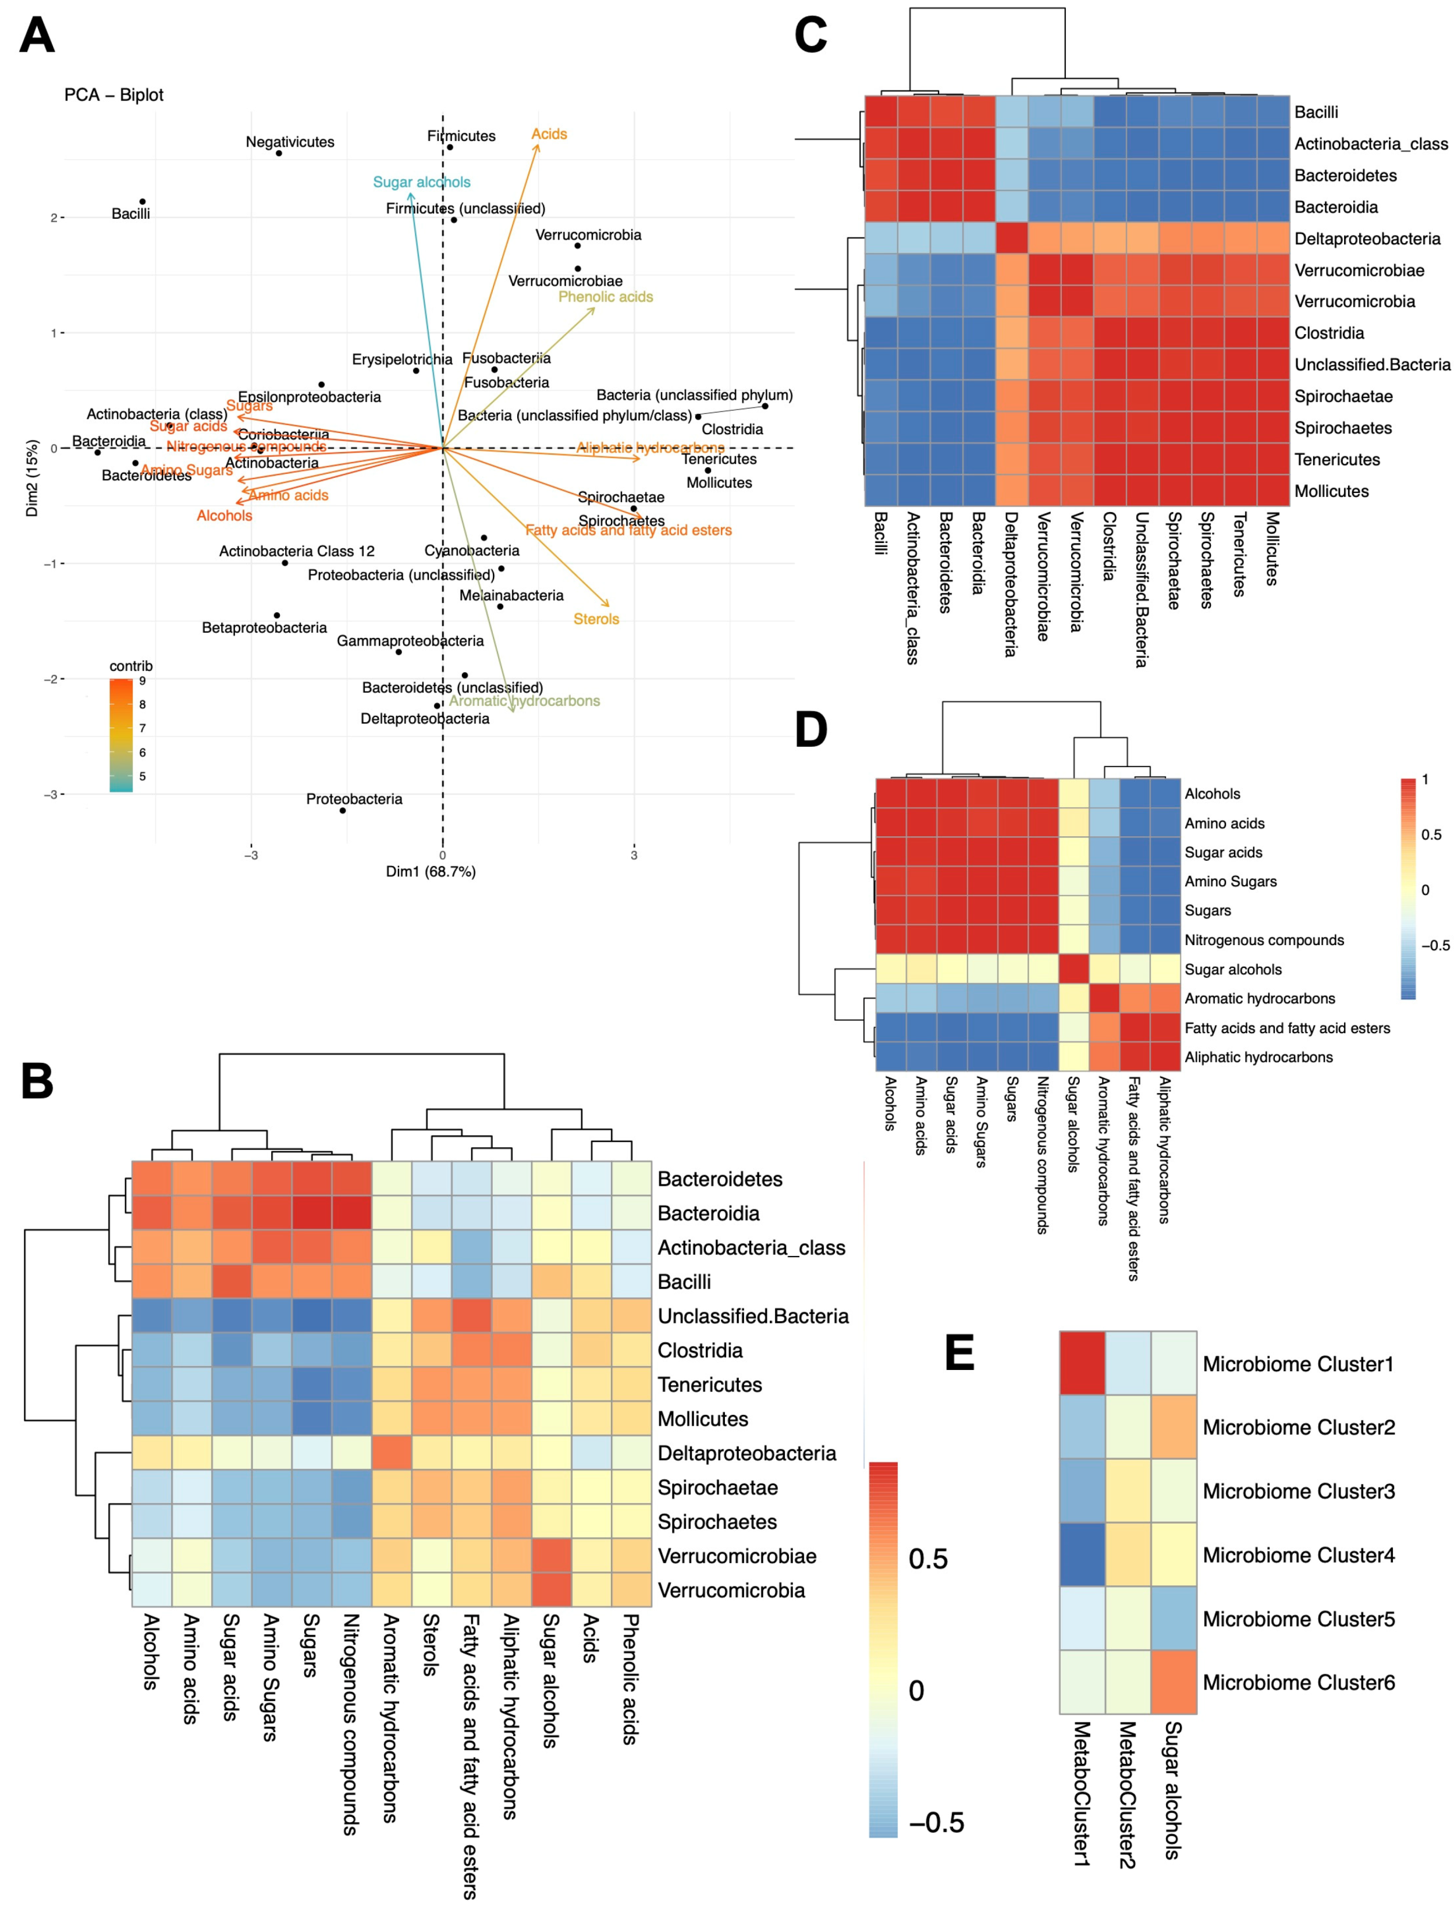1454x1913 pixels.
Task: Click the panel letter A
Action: tap(37, 36)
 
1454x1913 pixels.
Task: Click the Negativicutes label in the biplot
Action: tap(290, 142)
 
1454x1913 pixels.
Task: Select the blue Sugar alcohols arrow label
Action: tap(421, 182)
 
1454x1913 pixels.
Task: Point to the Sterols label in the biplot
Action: tap(596, 619)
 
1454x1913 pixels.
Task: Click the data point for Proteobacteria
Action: tap(343, 810)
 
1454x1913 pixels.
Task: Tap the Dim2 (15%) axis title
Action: tap(32, 478)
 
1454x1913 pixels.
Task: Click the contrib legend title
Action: tap(131, 666)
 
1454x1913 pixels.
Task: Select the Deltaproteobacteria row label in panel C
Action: tap(1367, 239)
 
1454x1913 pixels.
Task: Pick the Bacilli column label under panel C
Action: tap(880, 533)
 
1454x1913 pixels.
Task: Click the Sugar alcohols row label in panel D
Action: tap(1232, 970)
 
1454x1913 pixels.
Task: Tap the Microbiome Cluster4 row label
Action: tap(1298, 1556)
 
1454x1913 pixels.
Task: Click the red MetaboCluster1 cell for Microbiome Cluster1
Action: tap(1082, 1364)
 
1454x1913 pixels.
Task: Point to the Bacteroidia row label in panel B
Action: tap(708, 1213)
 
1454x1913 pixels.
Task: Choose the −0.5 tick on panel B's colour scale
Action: tap(936, 1822)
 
